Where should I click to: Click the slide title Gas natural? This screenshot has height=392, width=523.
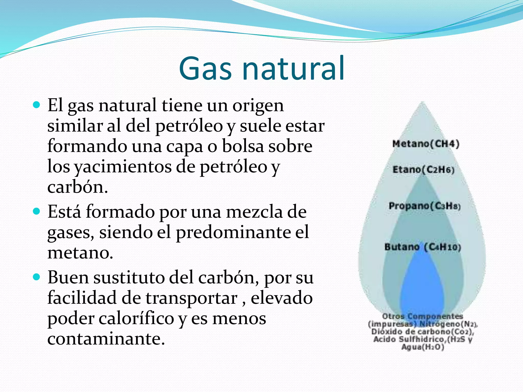262,68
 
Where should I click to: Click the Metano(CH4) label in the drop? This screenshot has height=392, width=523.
426,144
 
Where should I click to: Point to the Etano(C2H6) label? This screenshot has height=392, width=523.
423,170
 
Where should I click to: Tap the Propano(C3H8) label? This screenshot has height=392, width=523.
424,206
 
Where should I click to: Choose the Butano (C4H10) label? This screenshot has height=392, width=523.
423,247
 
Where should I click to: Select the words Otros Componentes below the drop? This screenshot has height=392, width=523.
422,316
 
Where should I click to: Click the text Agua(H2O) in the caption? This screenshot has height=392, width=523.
423,347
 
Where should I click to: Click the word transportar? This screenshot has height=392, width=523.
192,298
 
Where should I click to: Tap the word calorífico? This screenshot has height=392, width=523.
136,319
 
